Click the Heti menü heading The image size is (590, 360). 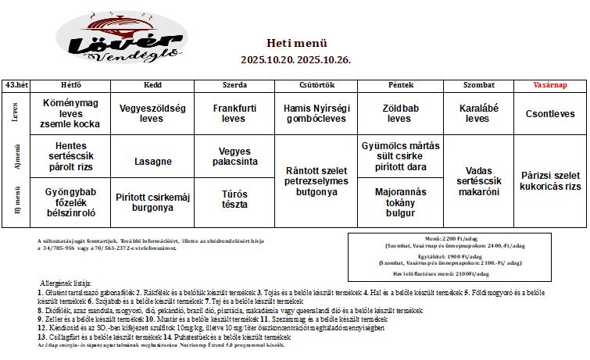[296, 43]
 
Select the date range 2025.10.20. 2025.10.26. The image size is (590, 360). [296, 59]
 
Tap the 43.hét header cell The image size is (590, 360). [16, 84]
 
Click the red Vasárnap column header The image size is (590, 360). [549, 84]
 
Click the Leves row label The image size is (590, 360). [16, 114]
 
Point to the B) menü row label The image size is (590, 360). [16, 202]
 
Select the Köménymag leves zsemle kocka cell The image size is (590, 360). [70, 114]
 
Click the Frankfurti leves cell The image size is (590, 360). [233, 114]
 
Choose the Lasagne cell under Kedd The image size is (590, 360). [152, 162]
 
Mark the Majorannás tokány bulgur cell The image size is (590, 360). [400, 202]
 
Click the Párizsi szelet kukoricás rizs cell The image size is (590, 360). [550, 180]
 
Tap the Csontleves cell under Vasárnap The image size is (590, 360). [550, 114]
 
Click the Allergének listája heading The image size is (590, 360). [66, 282]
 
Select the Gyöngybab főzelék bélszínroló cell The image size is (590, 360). [70, 202]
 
